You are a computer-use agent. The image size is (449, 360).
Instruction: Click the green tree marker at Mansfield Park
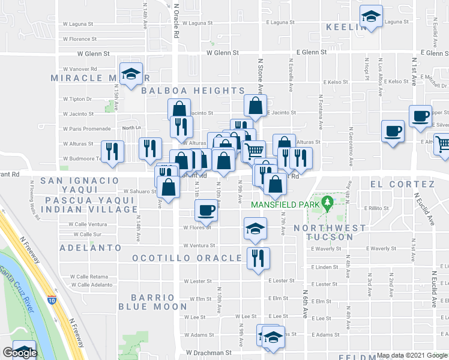327,203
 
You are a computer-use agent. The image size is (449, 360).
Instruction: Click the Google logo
20,353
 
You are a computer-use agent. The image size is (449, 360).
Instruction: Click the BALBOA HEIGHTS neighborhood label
193,91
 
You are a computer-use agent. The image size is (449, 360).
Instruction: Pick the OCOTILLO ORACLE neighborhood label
187,258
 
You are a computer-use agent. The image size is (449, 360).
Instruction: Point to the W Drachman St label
208,353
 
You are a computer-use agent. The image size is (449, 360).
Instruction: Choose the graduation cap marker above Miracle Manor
131,74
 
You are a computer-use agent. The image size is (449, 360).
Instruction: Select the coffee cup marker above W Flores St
206,210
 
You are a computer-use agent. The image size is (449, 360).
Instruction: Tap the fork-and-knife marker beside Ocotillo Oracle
258,259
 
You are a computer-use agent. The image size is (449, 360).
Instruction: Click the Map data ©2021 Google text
412,355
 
